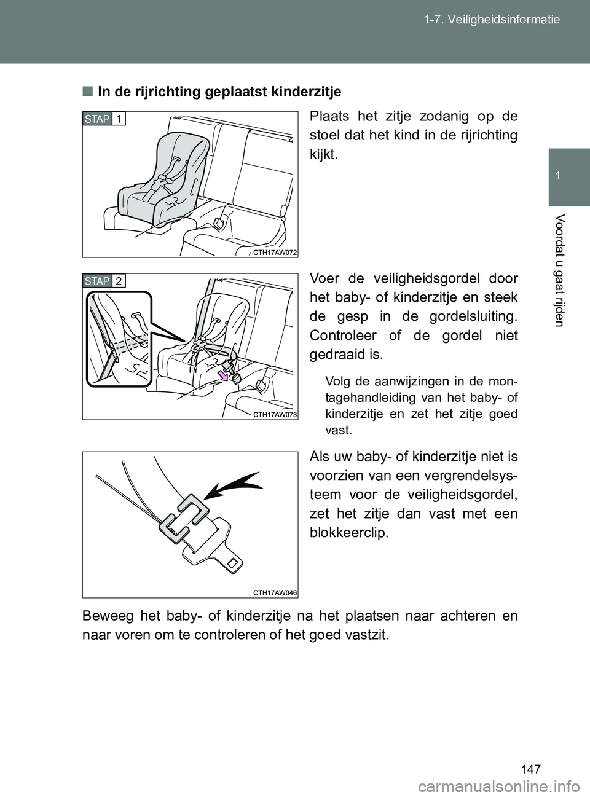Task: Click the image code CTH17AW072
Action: click(x=275, y=253)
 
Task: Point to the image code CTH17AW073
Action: click(x=275, y=415)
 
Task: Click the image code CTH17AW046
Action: click(x=275, y=592)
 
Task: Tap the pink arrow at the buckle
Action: click(x=227, y=375)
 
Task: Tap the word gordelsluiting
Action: click(x=469, y=316)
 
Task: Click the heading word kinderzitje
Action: click(x=306, y=92)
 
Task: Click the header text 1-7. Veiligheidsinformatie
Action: click(x=491, y=20)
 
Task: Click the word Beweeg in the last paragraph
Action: click(x=106, y=616)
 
